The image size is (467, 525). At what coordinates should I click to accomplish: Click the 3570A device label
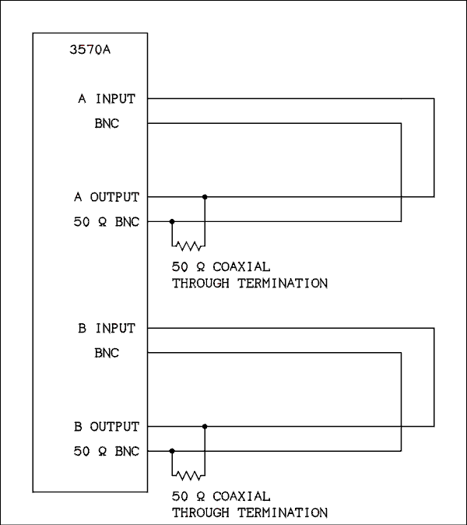click(90, 52)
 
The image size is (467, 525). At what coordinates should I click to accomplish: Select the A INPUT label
click(107, 99)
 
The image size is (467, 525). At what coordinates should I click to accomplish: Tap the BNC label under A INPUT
click(107, 124)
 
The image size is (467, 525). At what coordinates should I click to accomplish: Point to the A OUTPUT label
click(107, 197)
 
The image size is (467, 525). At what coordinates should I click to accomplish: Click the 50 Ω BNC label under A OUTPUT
click(107, 222)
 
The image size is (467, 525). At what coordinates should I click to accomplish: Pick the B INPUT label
click(107, 328)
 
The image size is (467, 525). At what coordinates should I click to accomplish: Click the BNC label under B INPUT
click(107, 353)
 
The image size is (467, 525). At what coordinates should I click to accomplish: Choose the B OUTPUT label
click(107, 426)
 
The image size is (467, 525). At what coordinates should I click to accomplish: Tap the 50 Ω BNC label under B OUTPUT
click(107, 451)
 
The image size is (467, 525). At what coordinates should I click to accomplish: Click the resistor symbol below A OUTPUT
click(188, 245)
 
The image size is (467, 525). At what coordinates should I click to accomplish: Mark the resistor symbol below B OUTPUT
click(188, 474)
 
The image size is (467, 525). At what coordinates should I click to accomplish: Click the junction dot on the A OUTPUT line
click(205, 197)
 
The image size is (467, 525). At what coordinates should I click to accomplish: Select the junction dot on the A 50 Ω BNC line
click(172, 222)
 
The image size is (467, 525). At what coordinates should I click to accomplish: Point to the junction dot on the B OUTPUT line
click(205, 426)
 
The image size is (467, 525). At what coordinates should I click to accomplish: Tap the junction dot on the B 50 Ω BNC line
click(172, 451)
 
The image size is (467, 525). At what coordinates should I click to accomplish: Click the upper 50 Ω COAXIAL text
click(221, 266)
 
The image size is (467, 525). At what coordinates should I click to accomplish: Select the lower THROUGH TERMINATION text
click(249, 513)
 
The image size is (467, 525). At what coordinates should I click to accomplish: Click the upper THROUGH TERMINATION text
click(249, 284)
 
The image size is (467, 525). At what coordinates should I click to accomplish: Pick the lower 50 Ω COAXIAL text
click(221, 495)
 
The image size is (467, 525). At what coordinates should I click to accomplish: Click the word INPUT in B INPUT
click(115, 328)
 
